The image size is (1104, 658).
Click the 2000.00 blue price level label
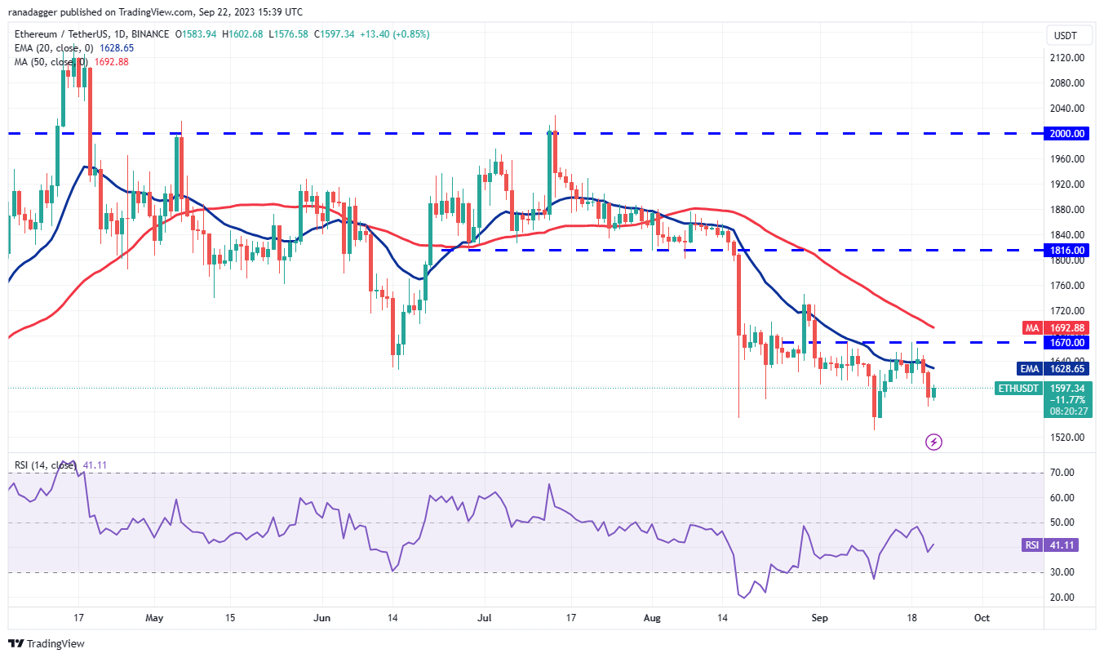1066,133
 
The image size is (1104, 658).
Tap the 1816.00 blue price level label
1066,250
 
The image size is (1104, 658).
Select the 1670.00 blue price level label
1066,342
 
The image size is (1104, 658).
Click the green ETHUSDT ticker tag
1020,389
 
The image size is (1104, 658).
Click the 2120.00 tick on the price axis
1066,58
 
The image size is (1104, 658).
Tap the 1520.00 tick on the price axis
1066,438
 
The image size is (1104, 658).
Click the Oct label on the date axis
982,618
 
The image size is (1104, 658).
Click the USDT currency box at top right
1066,35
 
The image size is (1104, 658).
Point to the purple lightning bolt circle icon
934,442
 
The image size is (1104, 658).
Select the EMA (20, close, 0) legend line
73,48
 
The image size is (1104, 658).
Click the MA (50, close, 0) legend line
70,62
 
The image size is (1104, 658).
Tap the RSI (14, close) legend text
60,465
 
